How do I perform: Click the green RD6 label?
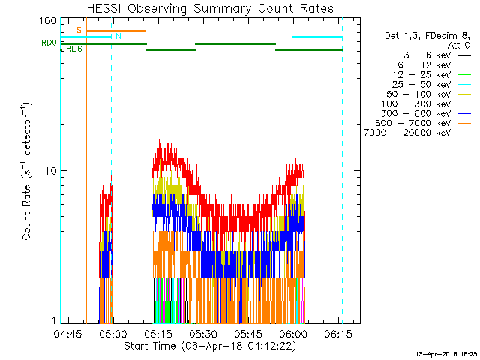74,49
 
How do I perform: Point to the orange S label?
79,30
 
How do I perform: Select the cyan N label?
117,37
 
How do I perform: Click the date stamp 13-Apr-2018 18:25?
443,352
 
